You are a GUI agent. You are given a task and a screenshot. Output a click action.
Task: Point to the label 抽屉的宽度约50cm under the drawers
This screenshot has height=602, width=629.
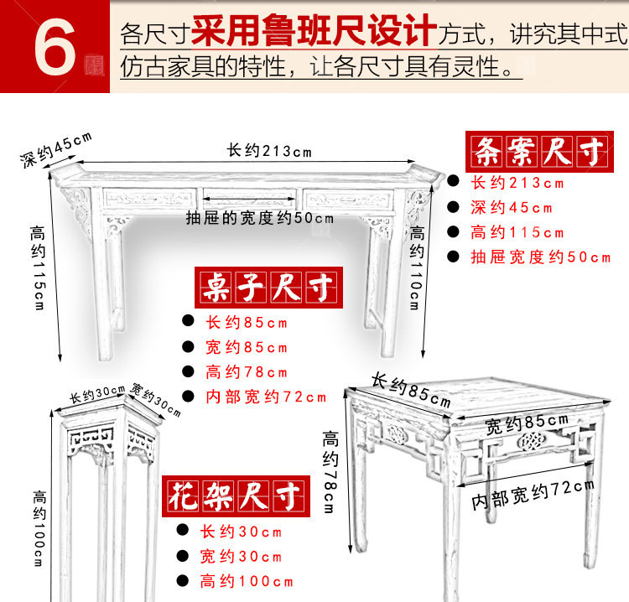click(259, 218)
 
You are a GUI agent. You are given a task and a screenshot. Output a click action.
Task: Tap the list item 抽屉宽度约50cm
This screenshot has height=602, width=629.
click(541, 257)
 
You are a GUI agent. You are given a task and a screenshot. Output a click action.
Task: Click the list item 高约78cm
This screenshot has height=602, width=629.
click(247, 372)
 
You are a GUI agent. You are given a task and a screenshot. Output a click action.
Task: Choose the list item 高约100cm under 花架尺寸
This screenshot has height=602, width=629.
click(247, 581)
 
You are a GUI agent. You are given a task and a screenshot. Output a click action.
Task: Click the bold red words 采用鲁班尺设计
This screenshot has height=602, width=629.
click(314, 32)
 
